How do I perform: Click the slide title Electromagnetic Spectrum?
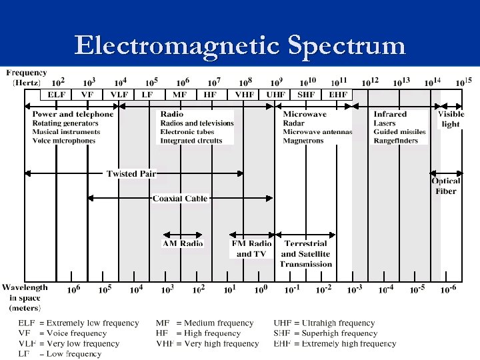(240, 45)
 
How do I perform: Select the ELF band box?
(57, 95)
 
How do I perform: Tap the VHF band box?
(243, 95)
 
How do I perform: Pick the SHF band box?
(306, 95)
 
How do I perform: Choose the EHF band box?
(337, 95)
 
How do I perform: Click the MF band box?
(180, 95)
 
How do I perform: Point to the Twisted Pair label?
(131, 174)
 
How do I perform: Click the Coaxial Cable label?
(180, 199)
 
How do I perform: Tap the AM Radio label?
(183, 243)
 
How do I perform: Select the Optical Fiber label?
(446, 186)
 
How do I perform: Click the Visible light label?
(451, 119)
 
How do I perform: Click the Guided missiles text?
(400, 132)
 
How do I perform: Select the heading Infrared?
(389, 114)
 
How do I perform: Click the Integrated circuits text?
(191, 141)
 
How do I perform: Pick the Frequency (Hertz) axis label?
(27, 77)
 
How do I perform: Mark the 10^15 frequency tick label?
(464, 83)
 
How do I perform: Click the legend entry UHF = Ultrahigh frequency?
(324, 323)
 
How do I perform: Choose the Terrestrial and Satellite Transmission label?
(306, 254)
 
